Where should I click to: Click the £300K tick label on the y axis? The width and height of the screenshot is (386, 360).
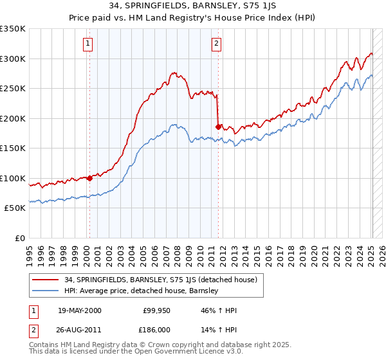tap(13, 59)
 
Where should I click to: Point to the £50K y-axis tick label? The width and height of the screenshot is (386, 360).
tap(15, 208)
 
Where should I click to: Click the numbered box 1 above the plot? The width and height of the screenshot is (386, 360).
tap(87, 44)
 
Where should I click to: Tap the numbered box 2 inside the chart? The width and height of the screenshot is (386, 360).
tap(216, 44)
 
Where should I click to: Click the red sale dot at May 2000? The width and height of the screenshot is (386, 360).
tap(89, 179)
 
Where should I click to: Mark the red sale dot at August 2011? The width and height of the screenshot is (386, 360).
tap(219, 127)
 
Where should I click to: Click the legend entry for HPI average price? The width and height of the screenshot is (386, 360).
tap(142, 291)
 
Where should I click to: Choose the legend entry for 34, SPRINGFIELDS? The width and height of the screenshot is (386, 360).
tap(160, 280)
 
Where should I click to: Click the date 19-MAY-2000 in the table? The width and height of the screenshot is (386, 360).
tap(79, 310)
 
